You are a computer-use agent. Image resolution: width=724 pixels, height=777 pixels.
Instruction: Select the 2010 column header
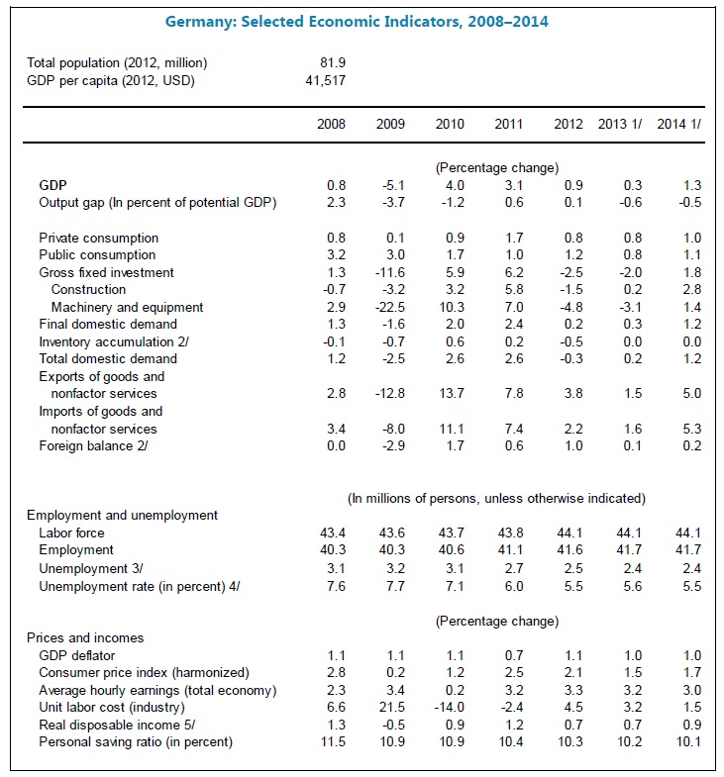click(451, 124)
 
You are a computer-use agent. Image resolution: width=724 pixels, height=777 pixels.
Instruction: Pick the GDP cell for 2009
click(391, 185)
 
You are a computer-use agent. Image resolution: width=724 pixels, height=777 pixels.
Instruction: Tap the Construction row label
click(88, 290)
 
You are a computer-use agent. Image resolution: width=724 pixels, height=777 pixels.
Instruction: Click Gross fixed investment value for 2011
click(510, 272)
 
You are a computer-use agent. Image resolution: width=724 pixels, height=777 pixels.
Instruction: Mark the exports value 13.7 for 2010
click(450, 394)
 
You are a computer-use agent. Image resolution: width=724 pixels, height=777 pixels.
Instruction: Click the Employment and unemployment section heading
click(122, 515)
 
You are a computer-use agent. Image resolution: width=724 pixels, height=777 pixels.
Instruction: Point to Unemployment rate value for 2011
click(510, 586)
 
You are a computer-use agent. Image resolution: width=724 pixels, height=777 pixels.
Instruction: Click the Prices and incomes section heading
click(84, 637)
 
